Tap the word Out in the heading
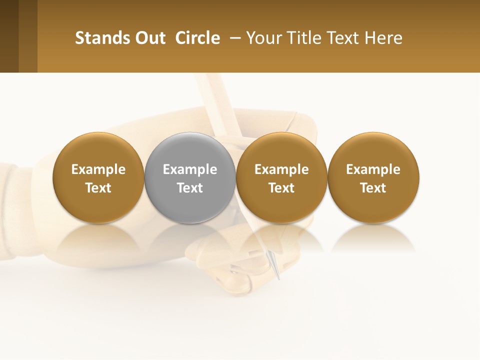coord(149,38)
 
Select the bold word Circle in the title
coord(197,38)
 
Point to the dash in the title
coord(233,38)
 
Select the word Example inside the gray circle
coord(190,169)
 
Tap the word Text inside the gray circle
coord(190,188)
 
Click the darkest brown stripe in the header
coord(9,36)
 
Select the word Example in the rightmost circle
coord(373,169)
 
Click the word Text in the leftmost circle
coord(98,188)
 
